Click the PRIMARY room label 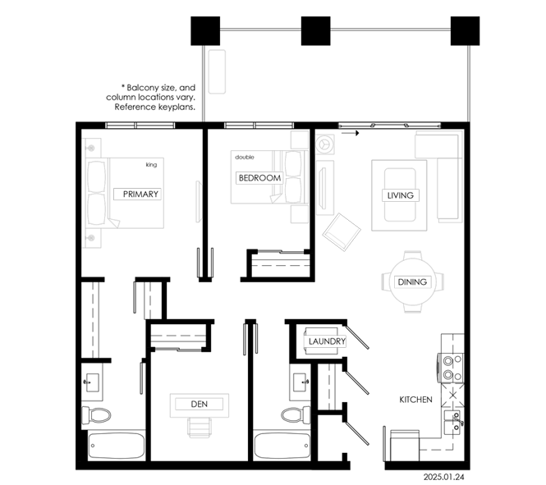point(140,194)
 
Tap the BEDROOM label point(259,178)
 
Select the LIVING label point(401,195)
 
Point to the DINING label point(412,281)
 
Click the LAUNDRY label point(327,341)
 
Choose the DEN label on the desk point(200,404)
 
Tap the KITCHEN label point(415,400)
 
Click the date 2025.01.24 point(443,477)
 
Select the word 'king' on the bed point(151,165)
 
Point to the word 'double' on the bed point(245,158)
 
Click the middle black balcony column point(315,31)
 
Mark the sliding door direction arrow point(350,133)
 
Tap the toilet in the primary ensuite point(96,415)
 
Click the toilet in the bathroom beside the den point(296,414)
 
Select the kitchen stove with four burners point(452,368)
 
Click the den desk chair point(200,428)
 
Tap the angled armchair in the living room point(342,232)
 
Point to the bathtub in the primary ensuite point(117,446)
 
